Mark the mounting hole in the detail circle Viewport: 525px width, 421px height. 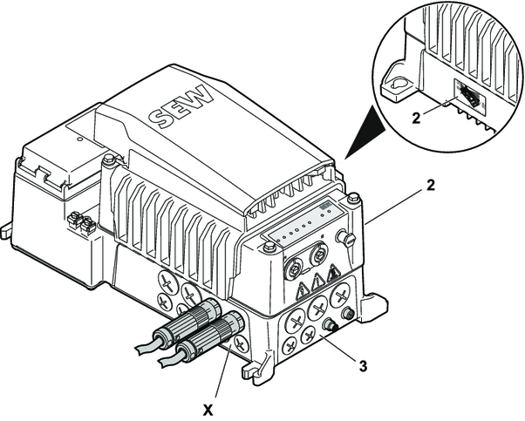pos(396,81)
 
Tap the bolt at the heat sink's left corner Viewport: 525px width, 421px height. pos(108,160)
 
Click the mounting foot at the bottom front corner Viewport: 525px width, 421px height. pos(255,370)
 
